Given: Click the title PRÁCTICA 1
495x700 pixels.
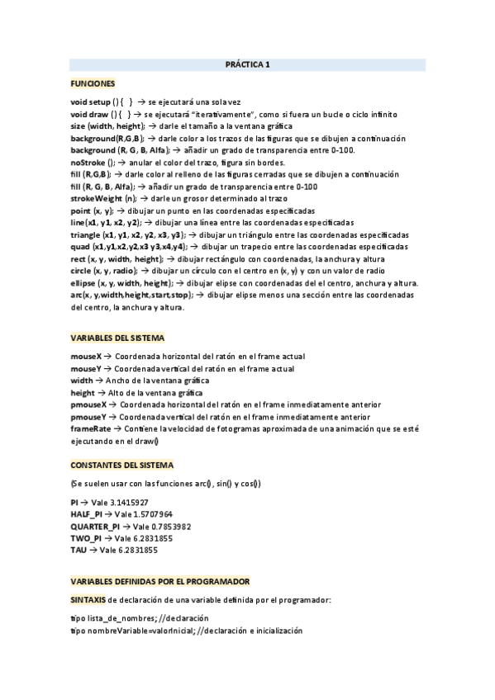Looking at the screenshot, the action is tap(248, 64).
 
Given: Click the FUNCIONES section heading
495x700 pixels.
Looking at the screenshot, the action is tap(93, 84).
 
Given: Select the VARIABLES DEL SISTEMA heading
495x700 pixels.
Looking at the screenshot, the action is tap(117, 338).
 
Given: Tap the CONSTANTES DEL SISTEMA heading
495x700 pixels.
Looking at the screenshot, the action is tap(122, 465).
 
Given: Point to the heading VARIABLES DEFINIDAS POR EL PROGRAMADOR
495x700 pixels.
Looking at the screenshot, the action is tap(160, 581).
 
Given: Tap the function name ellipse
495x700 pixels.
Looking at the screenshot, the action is tap(85, 283).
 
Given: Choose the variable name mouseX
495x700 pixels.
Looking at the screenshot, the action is tap(87, 356).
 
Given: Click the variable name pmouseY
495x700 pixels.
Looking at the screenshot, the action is tap(89, 418).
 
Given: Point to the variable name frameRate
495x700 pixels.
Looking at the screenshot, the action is tap(90, 430).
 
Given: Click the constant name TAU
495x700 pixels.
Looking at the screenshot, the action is tap(79, 549).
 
